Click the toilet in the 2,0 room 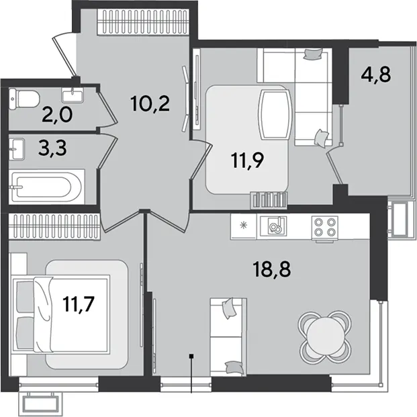(24, 99)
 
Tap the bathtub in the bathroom (47, 187)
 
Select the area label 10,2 (150, 104)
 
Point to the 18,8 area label (272, 269)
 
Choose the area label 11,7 (79, 304)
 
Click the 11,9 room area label (247, 161)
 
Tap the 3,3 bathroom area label (52, 148)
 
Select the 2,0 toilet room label (57, 115)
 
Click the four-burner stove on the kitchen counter (325, 227)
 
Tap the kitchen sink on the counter (273, 226)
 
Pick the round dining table (325, 337)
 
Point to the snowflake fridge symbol (243, 226)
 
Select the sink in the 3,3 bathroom (17, 149)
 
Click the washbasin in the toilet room (72, 95)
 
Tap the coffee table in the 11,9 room (275, 115)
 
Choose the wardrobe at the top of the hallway (143, 22)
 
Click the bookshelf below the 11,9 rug (269, 200)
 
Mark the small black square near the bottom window (191, 356)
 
